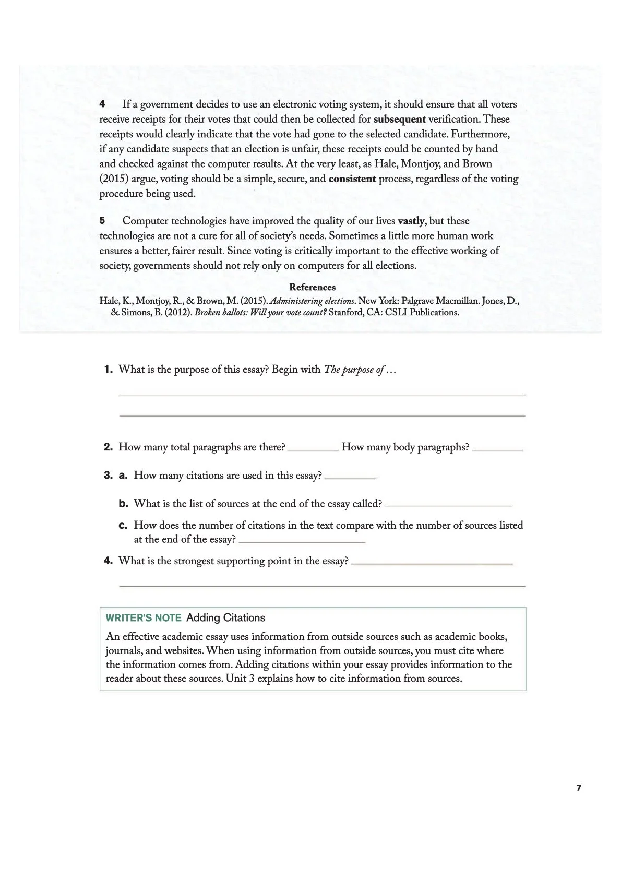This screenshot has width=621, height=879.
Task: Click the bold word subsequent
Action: [399, 119]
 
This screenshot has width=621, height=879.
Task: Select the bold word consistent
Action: [352, 179]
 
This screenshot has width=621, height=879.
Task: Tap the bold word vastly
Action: [411, 221]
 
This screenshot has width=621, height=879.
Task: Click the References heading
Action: [312, 287]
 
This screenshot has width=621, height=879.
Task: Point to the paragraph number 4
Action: [102, 104]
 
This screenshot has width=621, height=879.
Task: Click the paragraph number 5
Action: [102, 221]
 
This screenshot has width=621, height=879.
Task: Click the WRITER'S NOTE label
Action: [144, 618]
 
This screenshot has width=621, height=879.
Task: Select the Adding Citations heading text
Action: [225, 618]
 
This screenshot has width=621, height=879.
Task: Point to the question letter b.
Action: [123, 504]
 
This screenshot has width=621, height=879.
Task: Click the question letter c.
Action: [123, 526]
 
